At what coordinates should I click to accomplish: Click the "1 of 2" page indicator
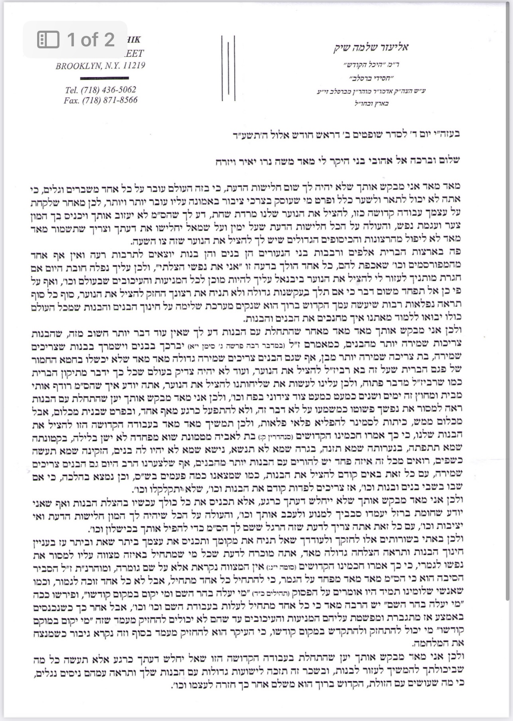[91, 39]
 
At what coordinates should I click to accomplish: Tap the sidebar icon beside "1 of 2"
[48, 40]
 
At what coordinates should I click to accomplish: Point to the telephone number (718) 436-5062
[108, 90]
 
